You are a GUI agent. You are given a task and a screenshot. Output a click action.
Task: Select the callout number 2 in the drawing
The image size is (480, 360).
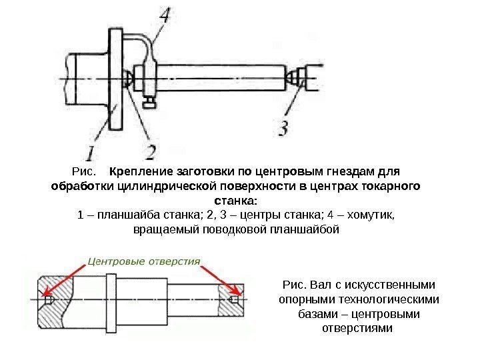coord(151,149)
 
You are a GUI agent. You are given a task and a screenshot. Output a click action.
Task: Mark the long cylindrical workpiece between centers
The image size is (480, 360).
coord(220,79)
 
